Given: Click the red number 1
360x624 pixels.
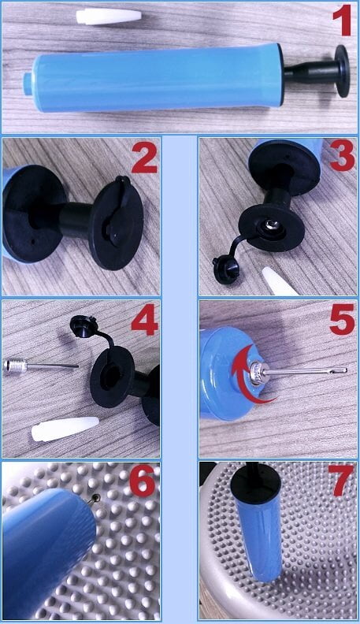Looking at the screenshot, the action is pos(342,21).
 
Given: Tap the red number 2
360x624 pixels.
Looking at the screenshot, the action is pos(144,158).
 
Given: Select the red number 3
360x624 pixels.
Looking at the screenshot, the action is pos(342,157).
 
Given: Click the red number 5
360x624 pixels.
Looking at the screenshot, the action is pos(342,319).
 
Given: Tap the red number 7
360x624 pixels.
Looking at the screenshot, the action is pos(341,481).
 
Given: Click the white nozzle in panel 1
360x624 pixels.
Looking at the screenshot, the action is pos(109,17).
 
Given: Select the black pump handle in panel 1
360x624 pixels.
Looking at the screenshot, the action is pos(317,71).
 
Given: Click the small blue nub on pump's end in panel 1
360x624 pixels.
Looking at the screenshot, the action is pos(28,84).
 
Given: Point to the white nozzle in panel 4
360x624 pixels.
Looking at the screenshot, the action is pos(65,429).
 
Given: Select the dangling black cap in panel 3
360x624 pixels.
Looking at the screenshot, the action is pos(226,270).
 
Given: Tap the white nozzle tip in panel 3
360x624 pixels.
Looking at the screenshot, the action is pos(279,282).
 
